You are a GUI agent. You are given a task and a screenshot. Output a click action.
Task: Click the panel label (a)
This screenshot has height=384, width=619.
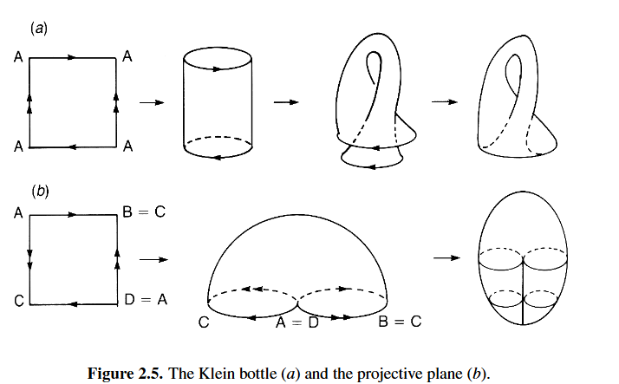click(x=38, y=29)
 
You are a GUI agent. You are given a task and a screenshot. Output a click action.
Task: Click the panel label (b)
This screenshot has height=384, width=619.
click(x=38, y=191)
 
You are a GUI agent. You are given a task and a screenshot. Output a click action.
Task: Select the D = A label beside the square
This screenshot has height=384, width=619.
click(x=143, y=300)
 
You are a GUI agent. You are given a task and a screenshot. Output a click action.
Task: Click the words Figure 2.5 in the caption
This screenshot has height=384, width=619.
click(x=126, y=374)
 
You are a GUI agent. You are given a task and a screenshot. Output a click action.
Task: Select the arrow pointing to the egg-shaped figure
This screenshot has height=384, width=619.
click(x=446, y=257)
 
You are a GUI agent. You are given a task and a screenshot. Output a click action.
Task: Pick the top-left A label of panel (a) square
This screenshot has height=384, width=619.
click(x=17, y=58)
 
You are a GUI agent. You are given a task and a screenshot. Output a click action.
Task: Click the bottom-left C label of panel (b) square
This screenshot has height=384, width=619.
click(x=17, y=301)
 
